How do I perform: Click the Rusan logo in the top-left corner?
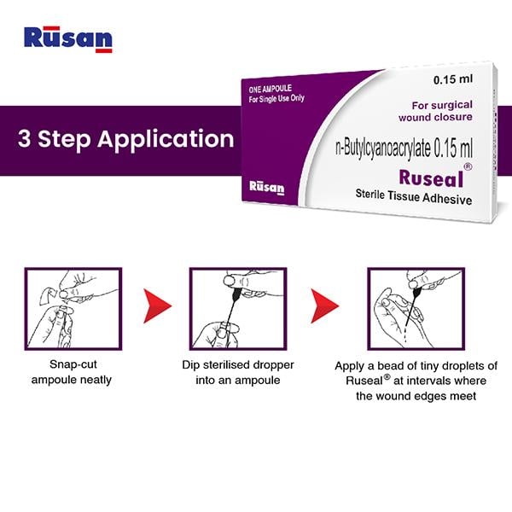pyautogui.click(x=68, y=39)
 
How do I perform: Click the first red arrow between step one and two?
pyautogui.click(x=154, y=304)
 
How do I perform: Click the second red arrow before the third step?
pyautogui.click(x=323, y=304)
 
